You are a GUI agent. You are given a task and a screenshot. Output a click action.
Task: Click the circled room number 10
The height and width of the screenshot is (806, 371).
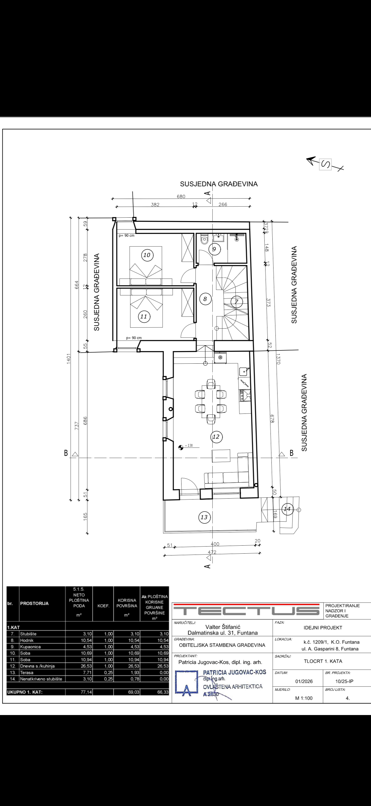coord(146,255)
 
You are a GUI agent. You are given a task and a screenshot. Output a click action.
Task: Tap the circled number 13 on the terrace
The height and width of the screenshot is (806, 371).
coord(204,517)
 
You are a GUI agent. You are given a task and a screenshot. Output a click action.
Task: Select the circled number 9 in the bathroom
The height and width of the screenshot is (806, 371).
coord(214,249)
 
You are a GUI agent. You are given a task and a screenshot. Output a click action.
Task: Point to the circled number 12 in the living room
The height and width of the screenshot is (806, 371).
coord(216,437)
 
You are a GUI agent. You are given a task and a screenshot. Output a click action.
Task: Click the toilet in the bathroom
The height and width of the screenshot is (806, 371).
coord(204,239)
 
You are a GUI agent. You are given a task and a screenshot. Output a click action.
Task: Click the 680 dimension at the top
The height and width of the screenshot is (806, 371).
coord(181,196)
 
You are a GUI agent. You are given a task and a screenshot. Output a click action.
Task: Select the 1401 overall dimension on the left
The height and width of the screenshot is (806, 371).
coord(69,359)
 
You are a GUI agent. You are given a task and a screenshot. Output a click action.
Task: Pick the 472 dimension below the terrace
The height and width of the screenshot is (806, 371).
coord(212,552)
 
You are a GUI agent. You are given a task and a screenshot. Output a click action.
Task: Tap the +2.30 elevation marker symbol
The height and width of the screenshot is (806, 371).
coord(181,448)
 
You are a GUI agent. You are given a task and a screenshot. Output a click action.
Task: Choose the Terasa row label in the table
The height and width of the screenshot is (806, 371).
coord(27,672)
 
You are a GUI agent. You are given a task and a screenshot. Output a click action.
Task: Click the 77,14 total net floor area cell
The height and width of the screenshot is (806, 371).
coord(86,692)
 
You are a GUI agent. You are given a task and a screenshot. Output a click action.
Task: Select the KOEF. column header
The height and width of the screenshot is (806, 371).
coord(103,606)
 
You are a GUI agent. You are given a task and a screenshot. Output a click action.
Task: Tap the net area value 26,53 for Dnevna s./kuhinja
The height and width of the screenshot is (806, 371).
coord(86,666)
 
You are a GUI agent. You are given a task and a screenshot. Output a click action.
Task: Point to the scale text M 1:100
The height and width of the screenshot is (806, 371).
coord(304,698)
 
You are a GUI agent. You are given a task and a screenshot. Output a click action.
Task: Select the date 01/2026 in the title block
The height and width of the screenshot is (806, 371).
coord(304,681)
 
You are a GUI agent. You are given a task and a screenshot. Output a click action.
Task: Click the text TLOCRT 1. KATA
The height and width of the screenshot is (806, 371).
coord(323,661)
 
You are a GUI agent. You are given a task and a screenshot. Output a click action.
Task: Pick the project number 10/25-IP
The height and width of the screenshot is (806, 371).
coord(344,681)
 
